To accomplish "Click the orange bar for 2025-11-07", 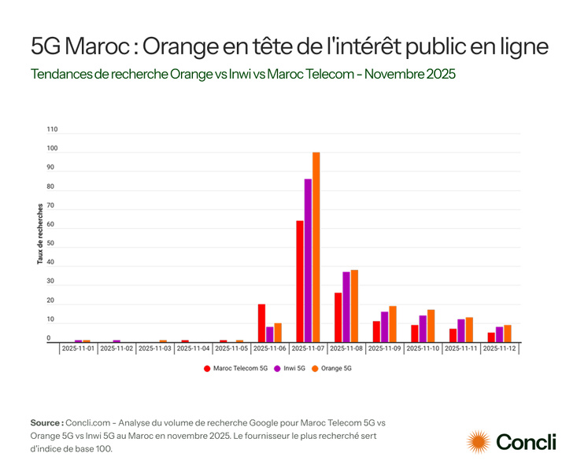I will [x=316, y=247].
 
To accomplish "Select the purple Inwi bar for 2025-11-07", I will [x=308, y=260].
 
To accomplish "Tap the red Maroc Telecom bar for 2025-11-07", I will [x=300, y=281].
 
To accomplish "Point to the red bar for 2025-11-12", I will [x=491, y=337].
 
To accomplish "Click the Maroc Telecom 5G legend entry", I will [x=235, y=367].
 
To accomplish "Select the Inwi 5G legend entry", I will [x=291, y=367].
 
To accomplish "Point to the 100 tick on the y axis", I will [x=53, y=149].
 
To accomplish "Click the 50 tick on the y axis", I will [x=51, y=244].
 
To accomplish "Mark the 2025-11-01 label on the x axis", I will [x=79, y=348].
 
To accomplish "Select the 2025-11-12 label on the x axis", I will [x=499, y=348].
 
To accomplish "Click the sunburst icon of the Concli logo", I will [x=479, y=442].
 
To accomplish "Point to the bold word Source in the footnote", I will [x=47, y=422].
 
